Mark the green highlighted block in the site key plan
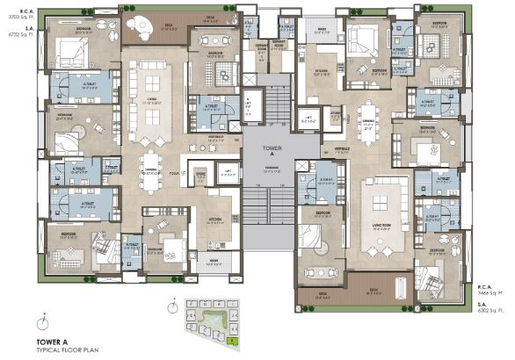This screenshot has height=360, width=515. (231, 335)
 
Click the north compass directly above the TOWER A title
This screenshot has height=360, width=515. (39, 322)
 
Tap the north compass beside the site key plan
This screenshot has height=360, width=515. (175, 307)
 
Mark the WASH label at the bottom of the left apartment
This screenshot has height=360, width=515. (214, 260)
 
